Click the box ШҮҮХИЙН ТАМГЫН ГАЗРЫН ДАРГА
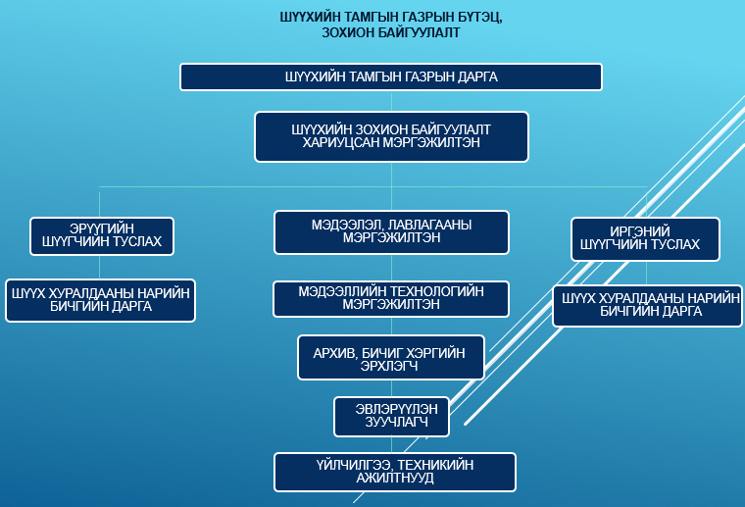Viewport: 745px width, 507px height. (390, 76)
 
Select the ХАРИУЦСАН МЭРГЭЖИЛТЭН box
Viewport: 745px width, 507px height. (391, 135)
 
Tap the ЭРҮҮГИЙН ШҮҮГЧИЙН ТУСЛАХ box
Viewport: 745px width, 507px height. (102, 235)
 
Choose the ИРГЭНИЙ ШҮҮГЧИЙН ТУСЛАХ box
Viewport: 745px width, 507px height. (645, 238)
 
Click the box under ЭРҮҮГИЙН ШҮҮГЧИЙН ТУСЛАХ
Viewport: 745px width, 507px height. (100, 300)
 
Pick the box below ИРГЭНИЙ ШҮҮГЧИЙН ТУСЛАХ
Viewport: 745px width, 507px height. (647, 306)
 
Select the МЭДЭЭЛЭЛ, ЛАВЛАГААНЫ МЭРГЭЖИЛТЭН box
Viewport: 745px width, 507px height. (391, 231)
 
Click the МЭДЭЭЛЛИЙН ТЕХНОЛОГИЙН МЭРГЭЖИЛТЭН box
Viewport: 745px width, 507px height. (391, 298)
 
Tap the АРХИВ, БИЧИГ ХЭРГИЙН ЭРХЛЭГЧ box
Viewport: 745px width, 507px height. (391, 358)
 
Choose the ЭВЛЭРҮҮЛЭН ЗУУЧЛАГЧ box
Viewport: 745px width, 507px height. (391, 416)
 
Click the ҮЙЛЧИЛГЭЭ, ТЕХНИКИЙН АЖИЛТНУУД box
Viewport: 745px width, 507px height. (394, 472)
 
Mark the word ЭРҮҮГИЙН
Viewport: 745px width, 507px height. (102, 228)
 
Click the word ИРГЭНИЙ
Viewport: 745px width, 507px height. (645, 231)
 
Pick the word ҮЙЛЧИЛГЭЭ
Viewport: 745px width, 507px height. (336, 465)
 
